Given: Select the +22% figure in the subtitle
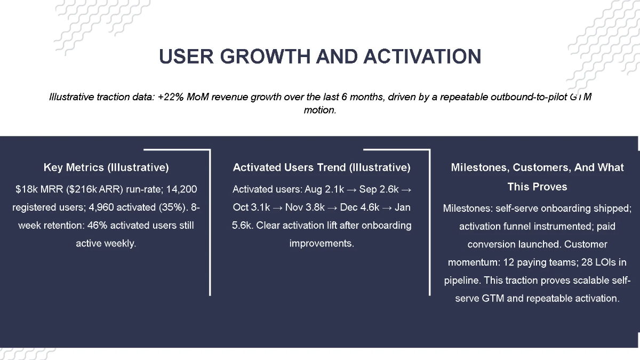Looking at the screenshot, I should click(168, 97).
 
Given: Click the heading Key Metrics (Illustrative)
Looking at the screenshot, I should click(106, 167).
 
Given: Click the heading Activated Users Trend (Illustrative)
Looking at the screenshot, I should click(322, 167).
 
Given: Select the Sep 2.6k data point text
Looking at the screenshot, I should click(379, 189).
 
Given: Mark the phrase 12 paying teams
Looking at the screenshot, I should click(539, 262).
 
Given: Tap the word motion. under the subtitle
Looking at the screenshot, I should click(320, 111).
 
